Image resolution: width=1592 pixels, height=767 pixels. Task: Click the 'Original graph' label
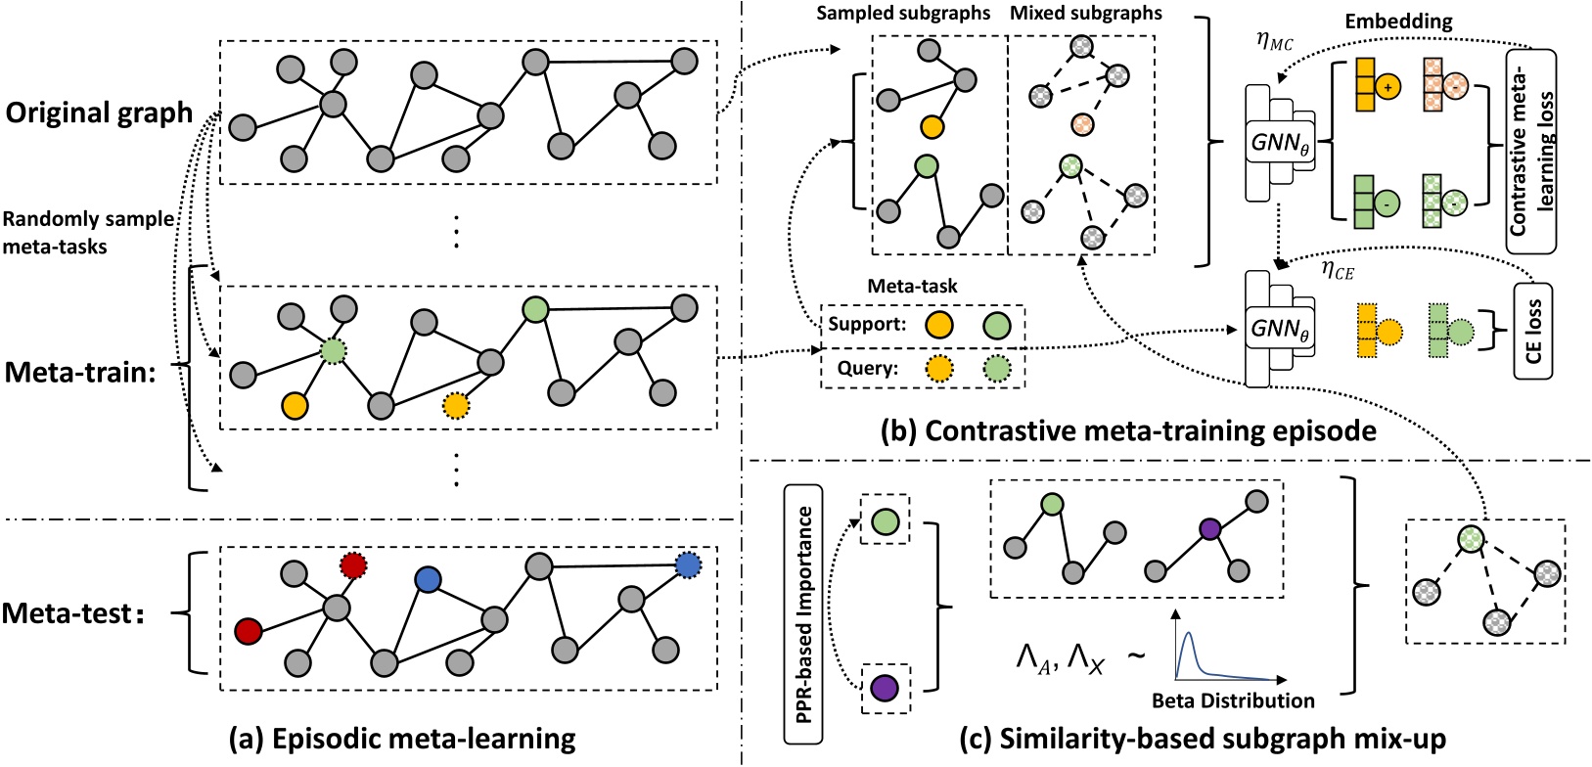[100, 113]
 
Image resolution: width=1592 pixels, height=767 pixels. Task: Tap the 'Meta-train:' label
[80, 373]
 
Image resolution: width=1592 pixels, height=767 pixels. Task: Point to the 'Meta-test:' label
[74, 613]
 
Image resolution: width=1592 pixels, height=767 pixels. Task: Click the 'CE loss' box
[1533, 332]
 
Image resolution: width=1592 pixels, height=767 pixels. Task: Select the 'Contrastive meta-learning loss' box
[1531, 152]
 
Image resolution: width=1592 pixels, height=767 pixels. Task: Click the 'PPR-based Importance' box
[803, 614]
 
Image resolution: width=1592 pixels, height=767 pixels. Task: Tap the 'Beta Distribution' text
[1233, 700]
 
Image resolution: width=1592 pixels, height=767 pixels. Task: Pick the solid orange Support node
[938, 326]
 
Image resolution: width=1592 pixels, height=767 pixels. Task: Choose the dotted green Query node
[997, 369]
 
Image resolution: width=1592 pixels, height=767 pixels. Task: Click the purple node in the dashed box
[885, 688]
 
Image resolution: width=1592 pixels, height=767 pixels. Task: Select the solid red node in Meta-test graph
[248, 631]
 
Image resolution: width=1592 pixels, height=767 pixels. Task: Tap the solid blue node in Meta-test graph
[428, 580]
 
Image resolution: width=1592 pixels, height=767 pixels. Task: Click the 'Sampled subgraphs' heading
[902, 14]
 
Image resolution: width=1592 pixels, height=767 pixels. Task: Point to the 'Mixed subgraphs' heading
[1086, 14]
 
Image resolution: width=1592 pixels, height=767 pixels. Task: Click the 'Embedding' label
[1398, 22]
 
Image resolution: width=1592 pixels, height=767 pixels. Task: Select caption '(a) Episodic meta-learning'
[402, 740]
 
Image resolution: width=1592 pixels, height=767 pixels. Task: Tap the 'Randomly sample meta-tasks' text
[88, 233]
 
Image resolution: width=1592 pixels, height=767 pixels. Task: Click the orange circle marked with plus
[1387, 87]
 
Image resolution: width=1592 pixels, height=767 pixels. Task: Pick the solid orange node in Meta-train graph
[295, 406]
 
